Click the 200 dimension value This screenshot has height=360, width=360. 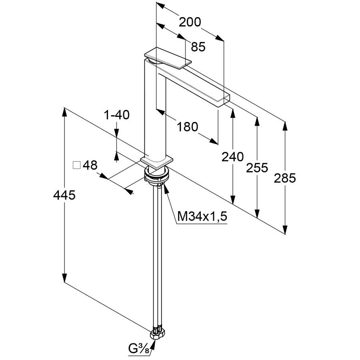click(190, 22)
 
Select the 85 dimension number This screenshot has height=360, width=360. click(198, 46)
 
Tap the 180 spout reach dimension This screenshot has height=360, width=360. click(187, 127)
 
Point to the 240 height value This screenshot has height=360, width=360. click(233, 157)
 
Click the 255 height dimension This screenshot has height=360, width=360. click(257, 168)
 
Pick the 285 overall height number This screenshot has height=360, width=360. click(285, 178)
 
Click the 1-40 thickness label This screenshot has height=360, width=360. click(117, 115)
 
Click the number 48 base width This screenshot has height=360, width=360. click(90, 165)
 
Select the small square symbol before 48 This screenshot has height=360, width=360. click(76, 165)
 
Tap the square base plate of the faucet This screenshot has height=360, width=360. click(157, 161)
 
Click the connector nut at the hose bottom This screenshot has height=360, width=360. click(159, 333)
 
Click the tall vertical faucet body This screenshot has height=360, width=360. click(155, 108)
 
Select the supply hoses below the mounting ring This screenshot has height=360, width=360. click(157, 252)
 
